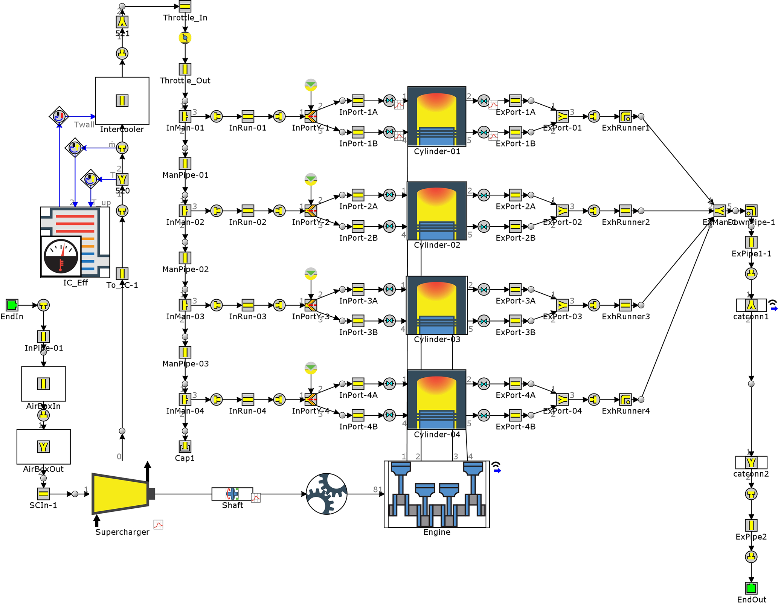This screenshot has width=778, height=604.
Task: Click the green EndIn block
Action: click(12, 305)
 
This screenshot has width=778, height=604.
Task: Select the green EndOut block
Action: click(751, 588)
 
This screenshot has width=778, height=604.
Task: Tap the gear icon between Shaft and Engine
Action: click(326, 494)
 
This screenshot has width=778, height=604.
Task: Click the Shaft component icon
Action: click(232, 494)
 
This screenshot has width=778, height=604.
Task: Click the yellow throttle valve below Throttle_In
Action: click(185, 38)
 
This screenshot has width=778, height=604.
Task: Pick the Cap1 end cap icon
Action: click(185, 447)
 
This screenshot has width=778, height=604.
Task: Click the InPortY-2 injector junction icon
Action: click(311, 210)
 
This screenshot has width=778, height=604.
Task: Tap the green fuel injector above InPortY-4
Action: click(311, 368)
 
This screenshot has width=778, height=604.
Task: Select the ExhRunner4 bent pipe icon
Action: click(625, 399)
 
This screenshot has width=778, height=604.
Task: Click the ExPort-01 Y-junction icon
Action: click(563, 116)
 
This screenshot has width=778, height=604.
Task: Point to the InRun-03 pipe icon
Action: click(248, 305)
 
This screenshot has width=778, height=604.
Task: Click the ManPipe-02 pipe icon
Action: click(185, 258)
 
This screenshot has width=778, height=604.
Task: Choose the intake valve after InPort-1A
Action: click(389, 101)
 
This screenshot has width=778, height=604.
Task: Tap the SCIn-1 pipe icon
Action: click(43, 494)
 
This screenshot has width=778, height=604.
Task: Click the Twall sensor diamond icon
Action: click(59, 116)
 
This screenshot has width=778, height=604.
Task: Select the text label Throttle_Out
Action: click(185, 81)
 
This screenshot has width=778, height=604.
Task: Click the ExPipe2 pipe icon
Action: click(751, 525)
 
